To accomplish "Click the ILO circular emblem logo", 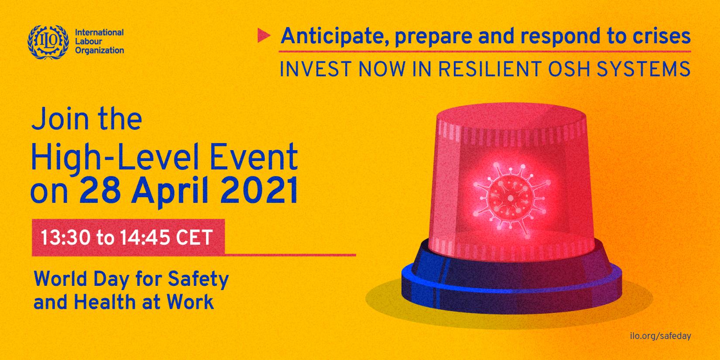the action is [48, 42].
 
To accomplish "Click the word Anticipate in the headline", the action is [335, 36].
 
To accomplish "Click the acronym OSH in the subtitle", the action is [569, 69].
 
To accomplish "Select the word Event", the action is [254, 157].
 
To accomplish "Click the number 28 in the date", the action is [99, 192].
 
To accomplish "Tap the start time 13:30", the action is [65, 238].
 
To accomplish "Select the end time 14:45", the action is [145, 238].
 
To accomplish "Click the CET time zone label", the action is [194, 238].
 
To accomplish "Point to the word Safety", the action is [198, 279].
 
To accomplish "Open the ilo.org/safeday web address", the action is [661, 336].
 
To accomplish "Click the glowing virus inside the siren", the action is [511, 198].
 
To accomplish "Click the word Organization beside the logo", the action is [99, 51].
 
